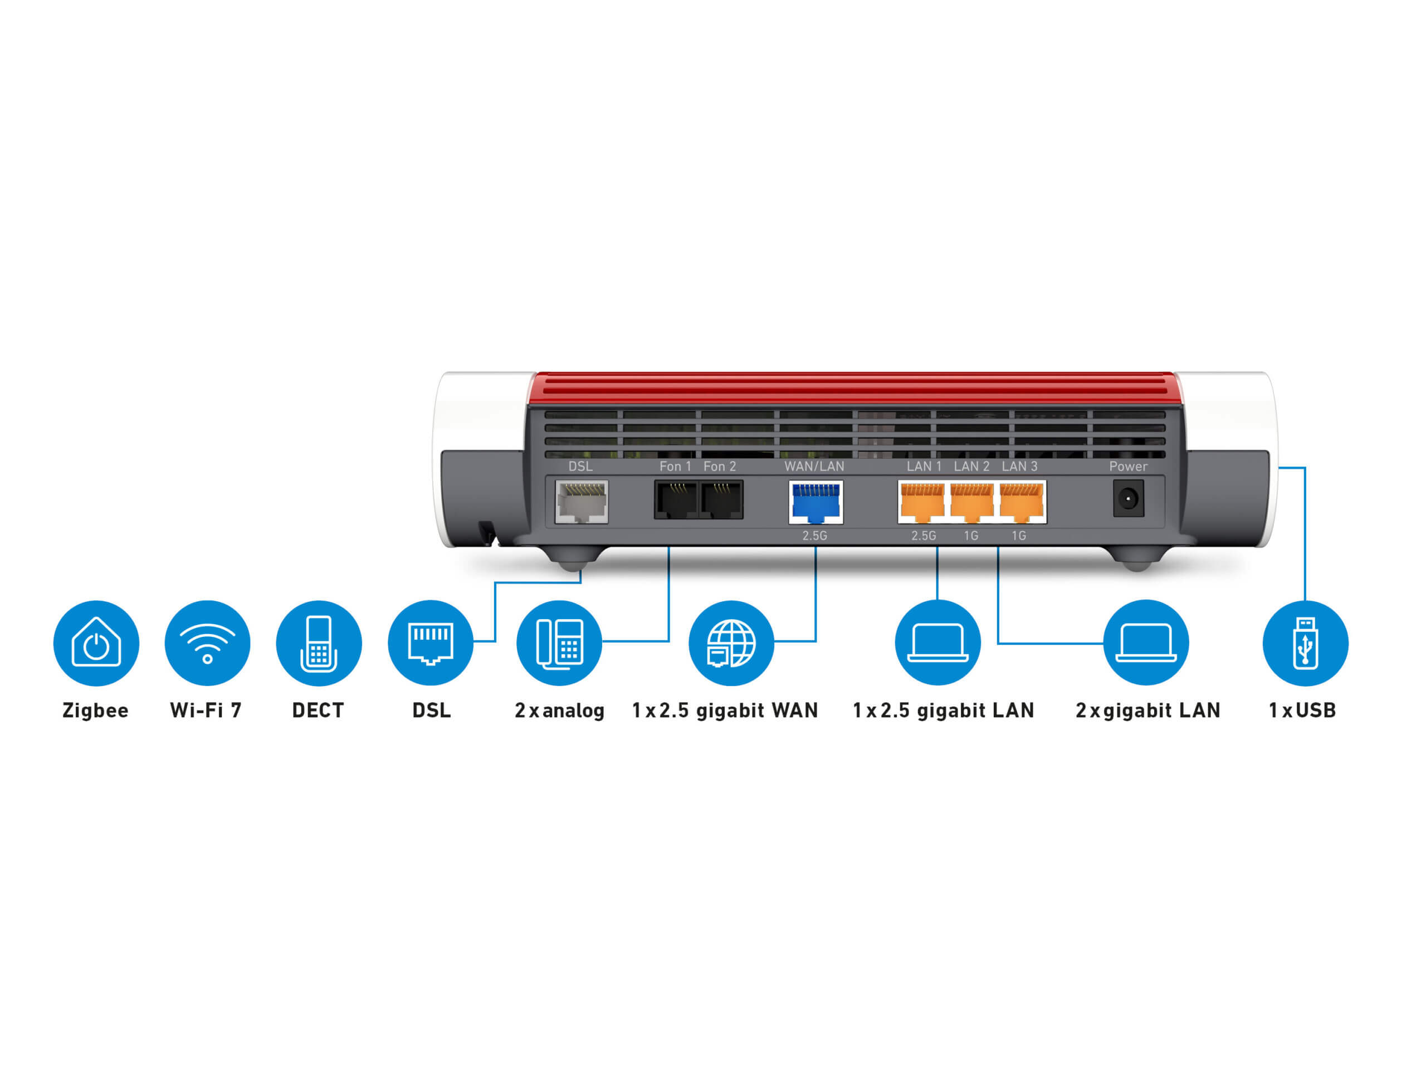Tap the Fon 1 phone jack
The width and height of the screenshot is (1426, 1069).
point(676,499)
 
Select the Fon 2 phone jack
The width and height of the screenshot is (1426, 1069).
point(721,499)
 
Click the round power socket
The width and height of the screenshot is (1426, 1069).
point(1127,498)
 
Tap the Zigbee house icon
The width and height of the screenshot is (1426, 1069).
point(96,643)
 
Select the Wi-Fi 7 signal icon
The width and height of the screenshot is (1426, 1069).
point(208,643)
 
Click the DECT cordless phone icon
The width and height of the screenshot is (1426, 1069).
point(319,643)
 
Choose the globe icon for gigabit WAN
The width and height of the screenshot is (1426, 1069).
point(731,643)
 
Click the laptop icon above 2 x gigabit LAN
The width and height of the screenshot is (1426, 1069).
point(1146,643)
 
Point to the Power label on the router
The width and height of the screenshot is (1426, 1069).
point(1127,466)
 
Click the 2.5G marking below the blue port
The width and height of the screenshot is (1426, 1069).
point(814,536)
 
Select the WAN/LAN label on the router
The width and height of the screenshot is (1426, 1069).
point(814,466)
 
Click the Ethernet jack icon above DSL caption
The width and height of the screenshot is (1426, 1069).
point(431,643)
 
